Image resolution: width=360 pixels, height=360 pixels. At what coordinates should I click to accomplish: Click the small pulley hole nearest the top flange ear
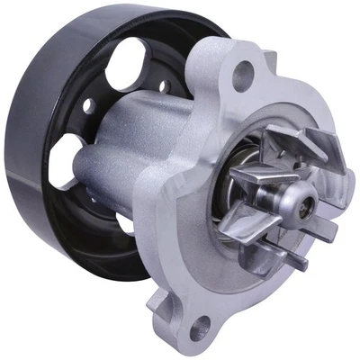point(164,86)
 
